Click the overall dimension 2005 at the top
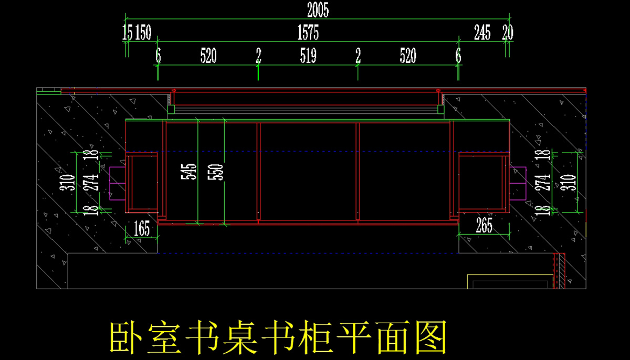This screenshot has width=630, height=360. pos(318,9)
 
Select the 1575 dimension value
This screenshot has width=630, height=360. pos(308,33)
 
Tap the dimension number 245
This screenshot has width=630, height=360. pos(482,33)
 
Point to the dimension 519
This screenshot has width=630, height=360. pos(308,56)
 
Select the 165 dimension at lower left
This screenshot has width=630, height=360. pos(142,229)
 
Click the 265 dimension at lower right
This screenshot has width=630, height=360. pos(484,226)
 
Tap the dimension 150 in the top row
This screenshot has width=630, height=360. pos(143,33)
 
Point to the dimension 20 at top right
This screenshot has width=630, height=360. pos(507,33)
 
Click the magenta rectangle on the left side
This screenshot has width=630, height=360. pos(116,183)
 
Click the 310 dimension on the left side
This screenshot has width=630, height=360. pos(67,182)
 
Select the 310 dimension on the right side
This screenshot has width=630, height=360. pos(572,181)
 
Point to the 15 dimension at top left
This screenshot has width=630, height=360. pos(127,33)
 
